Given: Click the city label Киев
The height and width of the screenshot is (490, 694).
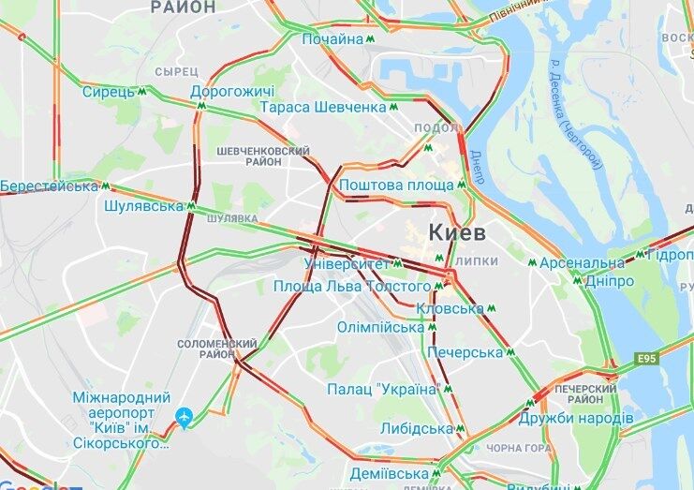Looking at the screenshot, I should (458, 231).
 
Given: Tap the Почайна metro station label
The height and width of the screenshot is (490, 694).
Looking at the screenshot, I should (332, 39).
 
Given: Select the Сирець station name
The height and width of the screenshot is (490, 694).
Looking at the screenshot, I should (109, 93).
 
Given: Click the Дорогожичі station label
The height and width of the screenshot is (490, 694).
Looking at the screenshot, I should (231, 93).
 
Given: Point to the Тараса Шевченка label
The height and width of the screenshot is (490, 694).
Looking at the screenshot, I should (324, 108).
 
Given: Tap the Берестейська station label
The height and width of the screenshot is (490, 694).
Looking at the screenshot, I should (49, 186).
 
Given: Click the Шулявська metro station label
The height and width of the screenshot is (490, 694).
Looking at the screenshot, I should (144, 205).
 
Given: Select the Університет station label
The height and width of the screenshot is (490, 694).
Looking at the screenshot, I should (347, 263).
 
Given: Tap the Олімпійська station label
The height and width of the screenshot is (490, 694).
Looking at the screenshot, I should (381, 328).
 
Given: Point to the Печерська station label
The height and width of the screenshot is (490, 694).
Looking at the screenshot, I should (465, 352).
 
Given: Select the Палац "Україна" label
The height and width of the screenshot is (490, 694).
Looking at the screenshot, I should (383, 389).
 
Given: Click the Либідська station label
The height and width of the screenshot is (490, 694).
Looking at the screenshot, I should (416, 428).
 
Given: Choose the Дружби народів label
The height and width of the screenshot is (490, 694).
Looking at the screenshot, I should (576, 417).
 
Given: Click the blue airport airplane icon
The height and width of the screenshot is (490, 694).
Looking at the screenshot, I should (185, 416).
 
